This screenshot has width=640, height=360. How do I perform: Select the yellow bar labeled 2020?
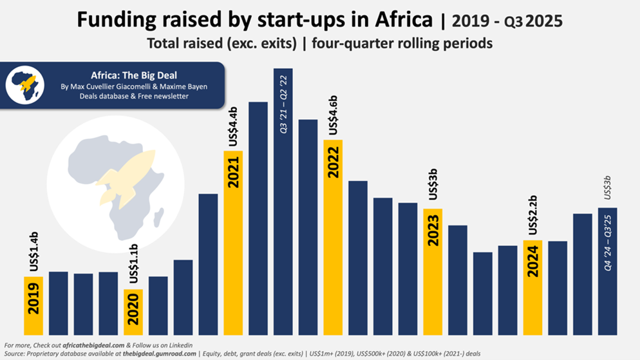click(x=133, y=312)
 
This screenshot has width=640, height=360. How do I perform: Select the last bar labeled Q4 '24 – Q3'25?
click(x=608, y=270)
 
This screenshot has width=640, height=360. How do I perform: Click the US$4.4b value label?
click(x=233, y=128)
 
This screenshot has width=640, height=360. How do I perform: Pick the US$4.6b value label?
click(x=333, y=115)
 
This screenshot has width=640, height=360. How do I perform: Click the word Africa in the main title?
click(x=399, y=20)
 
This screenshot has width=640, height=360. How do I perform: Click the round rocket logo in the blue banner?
click(x=24, y=84)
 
